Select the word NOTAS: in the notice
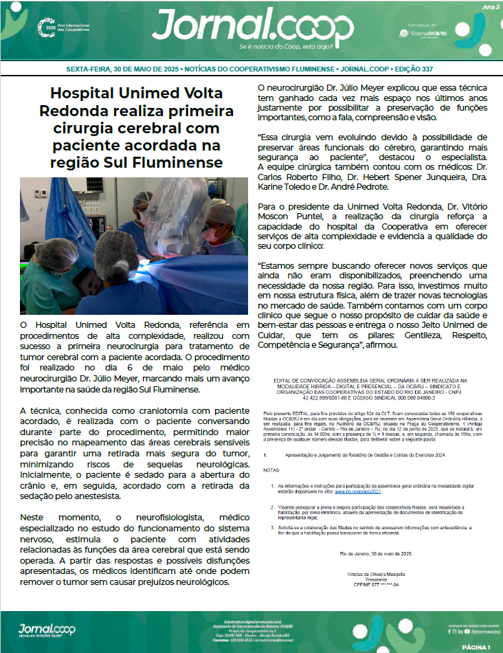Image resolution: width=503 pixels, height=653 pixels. click(273, 470)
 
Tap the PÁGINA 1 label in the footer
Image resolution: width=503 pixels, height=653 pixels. click(476, 647)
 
